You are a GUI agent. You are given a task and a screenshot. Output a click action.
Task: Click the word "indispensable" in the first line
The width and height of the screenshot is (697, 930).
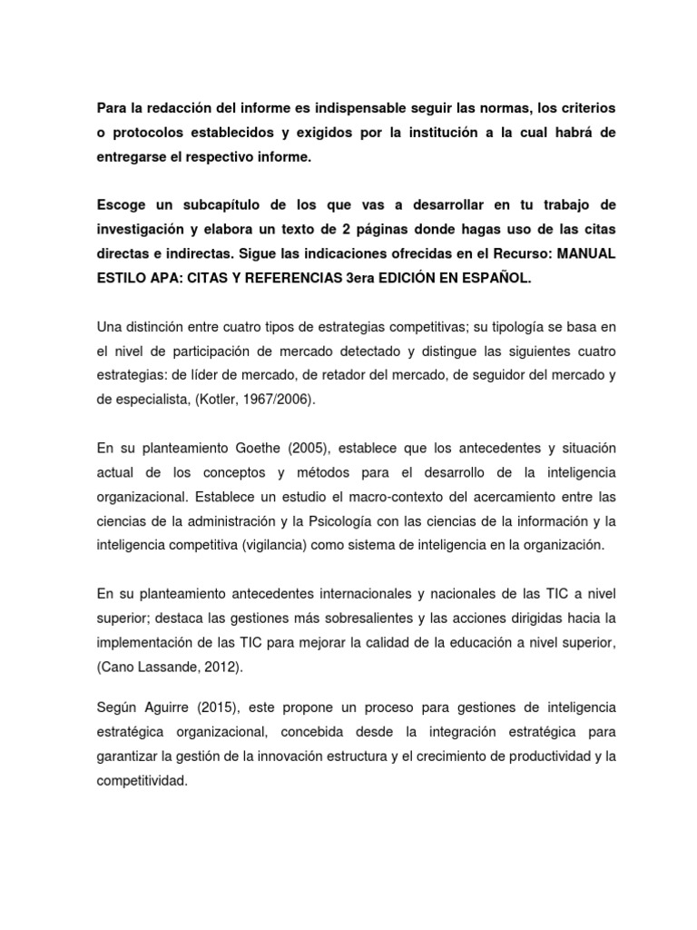pos(344,109)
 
